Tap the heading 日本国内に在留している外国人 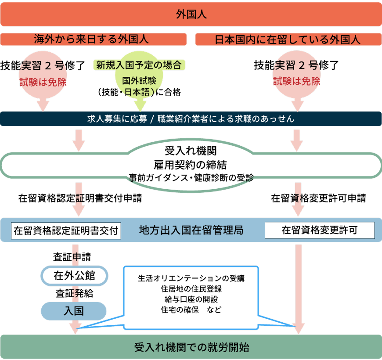point(288,40)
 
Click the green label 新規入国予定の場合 point(139,65)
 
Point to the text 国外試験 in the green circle point(139,81)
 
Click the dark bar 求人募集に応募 point(191,119)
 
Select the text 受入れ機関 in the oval point(191,151)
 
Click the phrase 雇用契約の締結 point(191,165)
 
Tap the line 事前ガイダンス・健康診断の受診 point(191,177)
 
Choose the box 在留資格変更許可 point(320,230)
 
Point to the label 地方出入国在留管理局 point(191,230)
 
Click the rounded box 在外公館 point(74,276)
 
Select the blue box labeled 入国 point(74,311)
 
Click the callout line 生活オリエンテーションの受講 point(191,278)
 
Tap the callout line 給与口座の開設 point(191,299)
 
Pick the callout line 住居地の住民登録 point(191,289)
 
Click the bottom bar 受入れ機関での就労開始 point(191,347)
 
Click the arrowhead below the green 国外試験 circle point(140,106)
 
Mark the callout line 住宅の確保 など point(191,309)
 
